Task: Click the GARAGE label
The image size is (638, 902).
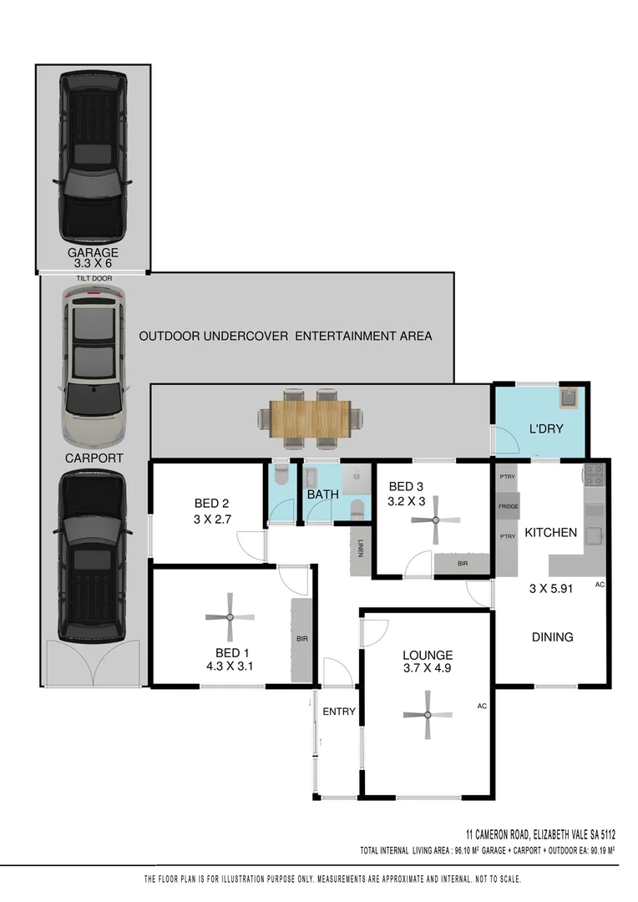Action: (x=93, y=252)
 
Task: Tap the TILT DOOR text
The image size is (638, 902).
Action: (x=93, y=278)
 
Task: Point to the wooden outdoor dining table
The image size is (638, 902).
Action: (x=311, y=418)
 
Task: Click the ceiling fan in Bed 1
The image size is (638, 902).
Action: (x=230, y=617)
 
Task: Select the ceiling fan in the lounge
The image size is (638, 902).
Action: (x=427, y=715)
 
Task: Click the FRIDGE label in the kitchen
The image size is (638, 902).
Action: (x=508, y=506)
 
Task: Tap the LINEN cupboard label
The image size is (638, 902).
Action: (x=361, y=550)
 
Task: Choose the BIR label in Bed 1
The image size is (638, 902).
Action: (x=301, y=639)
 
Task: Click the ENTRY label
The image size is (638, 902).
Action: (x=339, y=712)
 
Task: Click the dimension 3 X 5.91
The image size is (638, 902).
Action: (x=551, y=588)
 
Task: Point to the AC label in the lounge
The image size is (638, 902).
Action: (x=481, y=706)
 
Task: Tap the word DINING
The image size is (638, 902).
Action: (x=553, y=636)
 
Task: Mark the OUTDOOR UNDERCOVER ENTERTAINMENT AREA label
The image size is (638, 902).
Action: (x=285, y=336)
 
